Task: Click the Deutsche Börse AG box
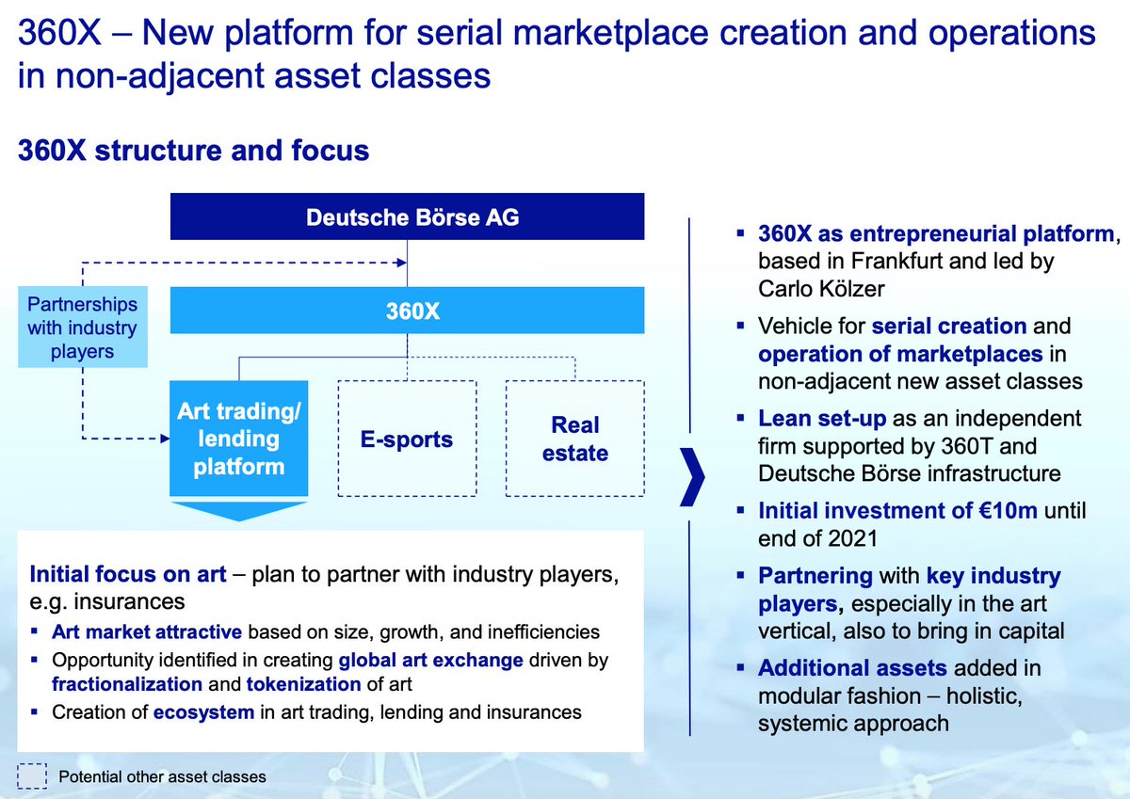407,218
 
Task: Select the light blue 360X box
407,311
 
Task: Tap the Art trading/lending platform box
238,439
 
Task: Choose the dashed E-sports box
408,439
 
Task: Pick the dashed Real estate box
575,439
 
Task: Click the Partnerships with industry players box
83,328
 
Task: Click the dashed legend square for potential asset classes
32,775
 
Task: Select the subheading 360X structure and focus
193,151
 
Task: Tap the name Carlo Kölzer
821,289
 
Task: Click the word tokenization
304,684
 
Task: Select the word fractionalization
127,684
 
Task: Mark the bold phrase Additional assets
853,668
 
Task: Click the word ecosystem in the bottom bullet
203,712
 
